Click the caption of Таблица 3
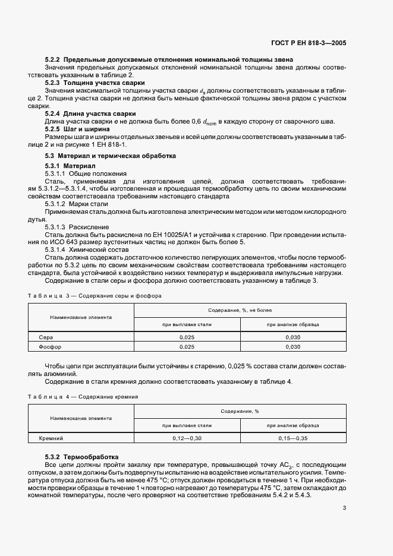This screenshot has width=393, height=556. click(x=95, y=295)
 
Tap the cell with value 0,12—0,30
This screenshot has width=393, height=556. click(x=187, y=438)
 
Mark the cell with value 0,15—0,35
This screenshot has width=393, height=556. click(x=293, y=438)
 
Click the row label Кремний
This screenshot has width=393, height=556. click(x=51, y=438)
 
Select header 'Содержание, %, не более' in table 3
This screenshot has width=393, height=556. click(x=240, y=311)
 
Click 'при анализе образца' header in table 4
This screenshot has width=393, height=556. click(x=293, y=425)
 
